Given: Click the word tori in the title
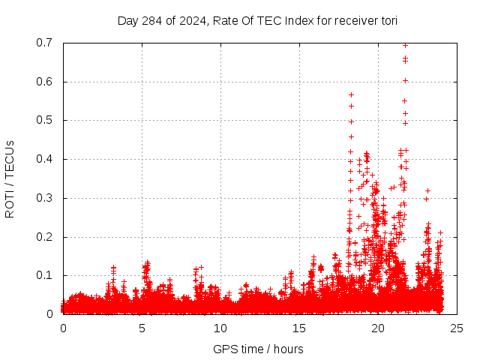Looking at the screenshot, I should point(388,20).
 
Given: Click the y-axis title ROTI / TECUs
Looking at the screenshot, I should point(10,178).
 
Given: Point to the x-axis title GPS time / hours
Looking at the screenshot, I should point(258,349).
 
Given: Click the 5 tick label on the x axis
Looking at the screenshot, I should point(142,328).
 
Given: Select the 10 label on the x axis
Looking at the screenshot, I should point(220,328).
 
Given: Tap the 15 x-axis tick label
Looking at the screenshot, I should point(299,328).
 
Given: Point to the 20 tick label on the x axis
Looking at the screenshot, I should point(378,328).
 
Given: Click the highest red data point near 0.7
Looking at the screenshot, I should point(405,45).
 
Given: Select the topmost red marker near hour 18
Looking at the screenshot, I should point(350,94).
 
